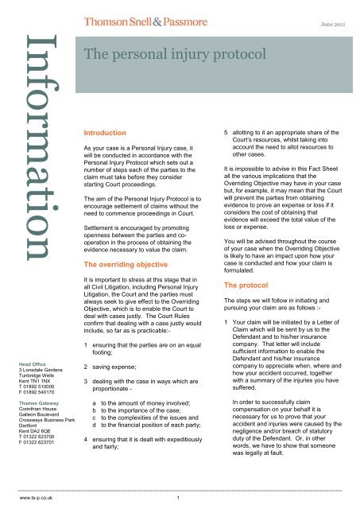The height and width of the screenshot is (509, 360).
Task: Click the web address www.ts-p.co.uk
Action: tap(25, 502)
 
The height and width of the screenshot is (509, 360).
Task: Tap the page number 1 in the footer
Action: tap(180, 502)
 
